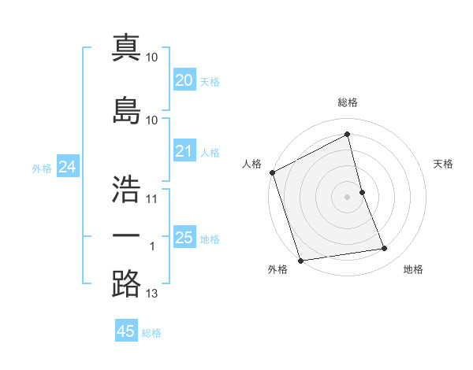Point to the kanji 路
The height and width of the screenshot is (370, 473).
point(126,283)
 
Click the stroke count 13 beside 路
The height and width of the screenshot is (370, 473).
point(152,294)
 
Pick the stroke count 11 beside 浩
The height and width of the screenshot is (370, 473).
point(152,198)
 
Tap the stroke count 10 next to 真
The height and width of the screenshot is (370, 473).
point(152,57)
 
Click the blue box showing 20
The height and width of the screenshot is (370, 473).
point(184,80)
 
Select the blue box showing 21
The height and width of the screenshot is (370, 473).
point(184,151)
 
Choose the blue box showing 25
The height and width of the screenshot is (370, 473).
point(184,238)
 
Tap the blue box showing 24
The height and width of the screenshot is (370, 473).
point(67,166)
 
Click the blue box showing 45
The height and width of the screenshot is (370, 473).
point(126,331)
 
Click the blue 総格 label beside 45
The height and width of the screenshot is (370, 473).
point(151,333)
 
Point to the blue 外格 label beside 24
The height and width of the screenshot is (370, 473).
point(42,168)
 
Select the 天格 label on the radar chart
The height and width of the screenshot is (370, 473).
point(443,164)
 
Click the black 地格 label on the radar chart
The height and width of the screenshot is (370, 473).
point(413,269)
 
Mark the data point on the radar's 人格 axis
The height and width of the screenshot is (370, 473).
point(272,172)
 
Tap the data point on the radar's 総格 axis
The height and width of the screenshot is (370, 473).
point(347,135)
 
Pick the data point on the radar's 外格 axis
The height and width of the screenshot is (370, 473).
point(300,260)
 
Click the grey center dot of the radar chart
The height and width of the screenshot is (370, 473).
point(347,196)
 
